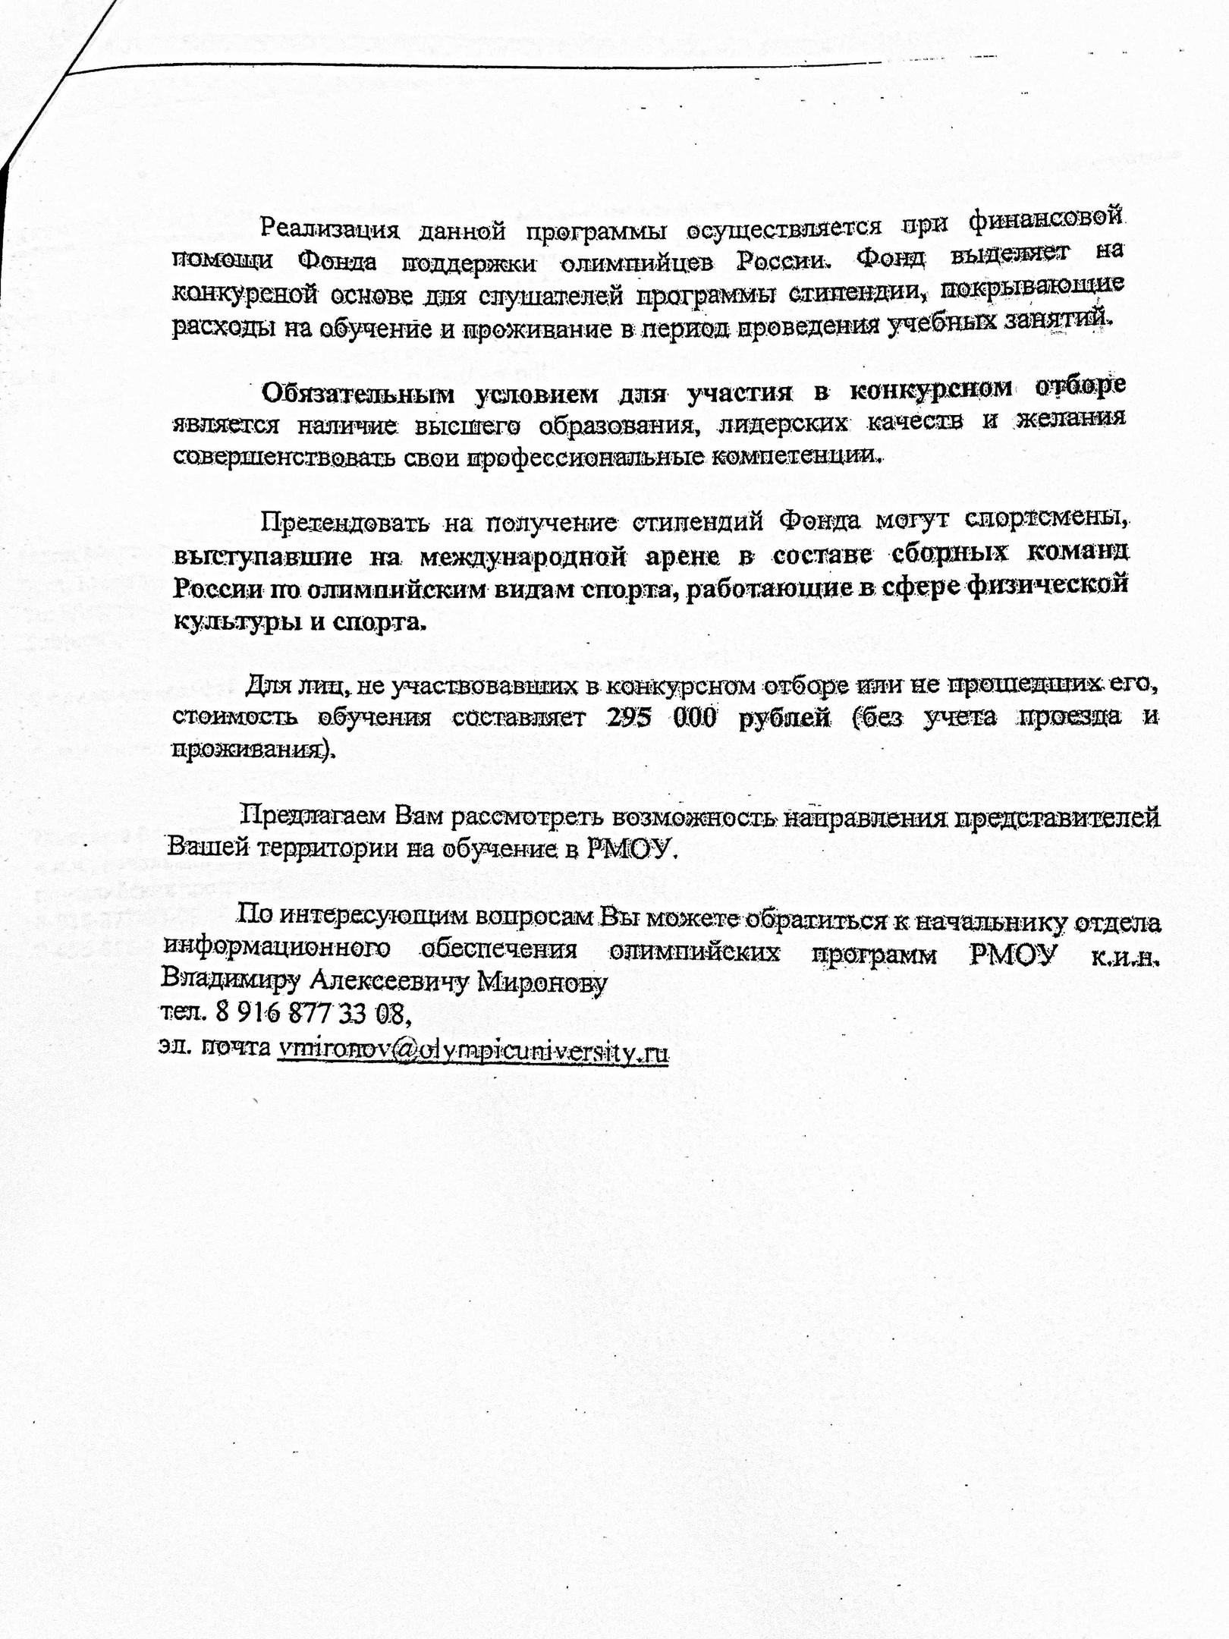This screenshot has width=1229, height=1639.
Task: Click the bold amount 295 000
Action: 661,717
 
